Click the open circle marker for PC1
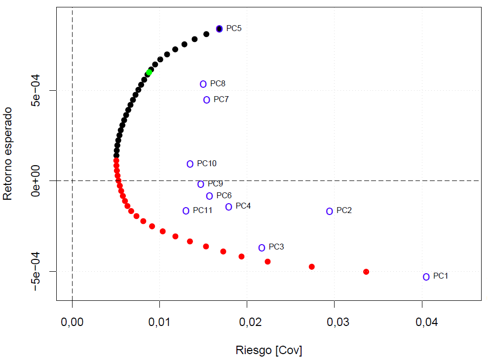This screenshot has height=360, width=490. point(426,277)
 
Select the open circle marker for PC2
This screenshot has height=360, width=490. point(330,211)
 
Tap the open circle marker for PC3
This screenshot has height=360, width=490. point(262,248)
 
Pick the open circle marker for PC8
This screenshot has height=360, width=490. point(203,84)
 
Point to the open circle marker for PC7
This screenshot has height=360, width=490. point(207,100)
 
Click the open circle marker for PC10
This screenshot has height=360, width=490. point(190,164)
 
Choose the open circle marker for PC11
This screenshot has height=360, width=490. point(186,211)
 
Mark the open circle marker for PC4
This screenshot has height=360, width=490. point(229,207)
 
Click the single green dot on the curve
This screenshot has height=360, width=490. point(149,72)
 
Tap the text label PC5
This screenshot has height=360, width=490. point(234,29)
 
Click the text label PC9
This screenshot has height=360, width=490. point(215,184)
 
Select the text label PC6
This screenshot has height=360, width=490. point(224,196)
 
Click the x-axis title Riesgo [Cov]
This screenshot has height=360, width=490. point(269,350)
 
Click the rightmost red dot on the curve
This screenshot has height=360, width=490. point(366,272)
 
